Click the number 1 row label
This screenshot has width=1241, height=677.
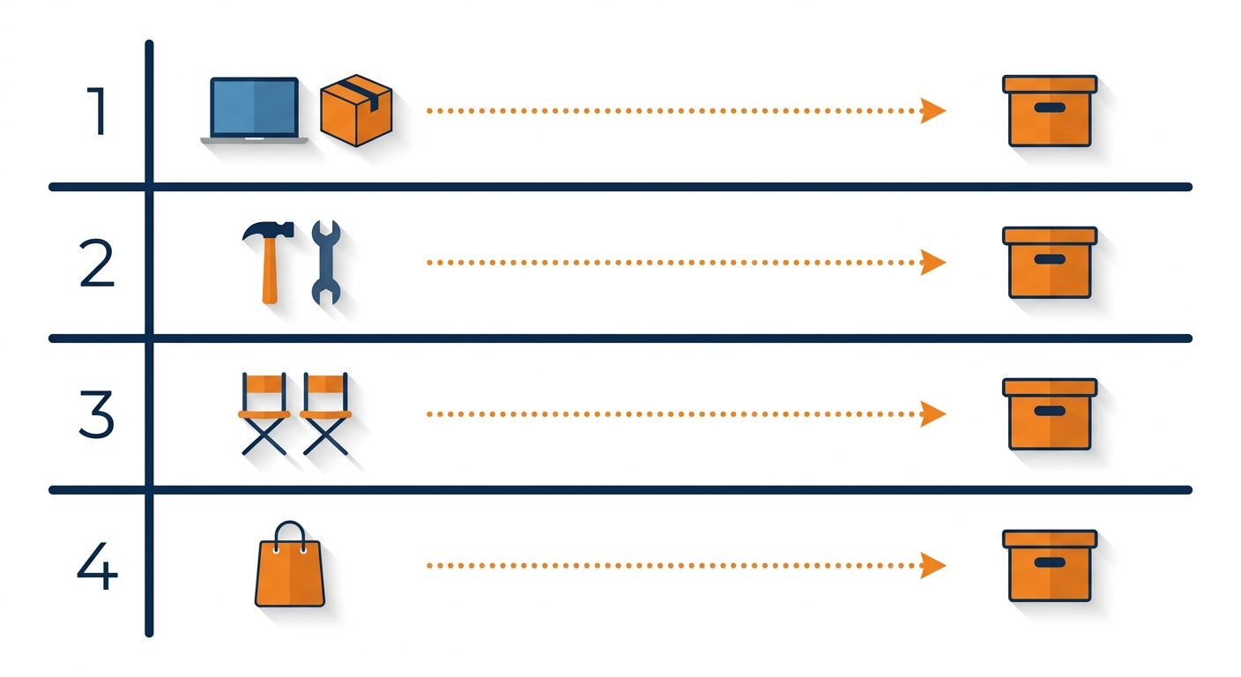pos(98,111)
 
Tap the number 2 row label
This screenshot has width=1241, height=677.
pos(97,263)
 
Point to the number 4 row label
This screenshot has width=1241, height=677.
pos(97,566)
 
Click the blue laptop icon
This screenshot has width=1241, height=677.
pos(255,111)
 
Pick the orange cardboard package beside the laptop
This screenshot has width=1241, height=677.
pos(356,111)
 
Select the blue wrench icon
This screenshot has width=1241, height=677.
pos(326,263)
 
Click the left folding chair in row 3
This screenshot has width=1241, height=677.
pos(264,413)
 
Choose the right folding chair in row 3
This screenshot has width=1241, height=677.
pos(326,413)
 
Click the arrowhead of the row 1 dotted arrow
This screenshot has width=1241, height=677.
pos(933,111)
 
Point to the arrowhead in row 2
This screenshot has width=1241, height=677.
pos(933,263)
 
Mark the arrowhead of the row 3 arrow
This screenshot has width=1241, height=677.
pos(933,413)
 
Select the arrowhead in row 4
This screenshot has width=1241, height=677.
pos(933,566)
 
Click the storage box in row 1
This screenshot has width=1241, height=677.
pos(1050,111)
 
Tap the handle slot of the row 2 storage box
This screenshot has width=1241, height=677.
pos(1050,259)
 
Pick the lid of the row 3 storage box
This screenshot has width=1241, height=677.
pos(1050,387)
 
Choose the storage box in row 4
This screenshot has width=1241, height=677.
pos(1050,566)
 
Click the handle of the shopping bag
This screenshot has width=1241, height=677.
pos(290,523)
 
